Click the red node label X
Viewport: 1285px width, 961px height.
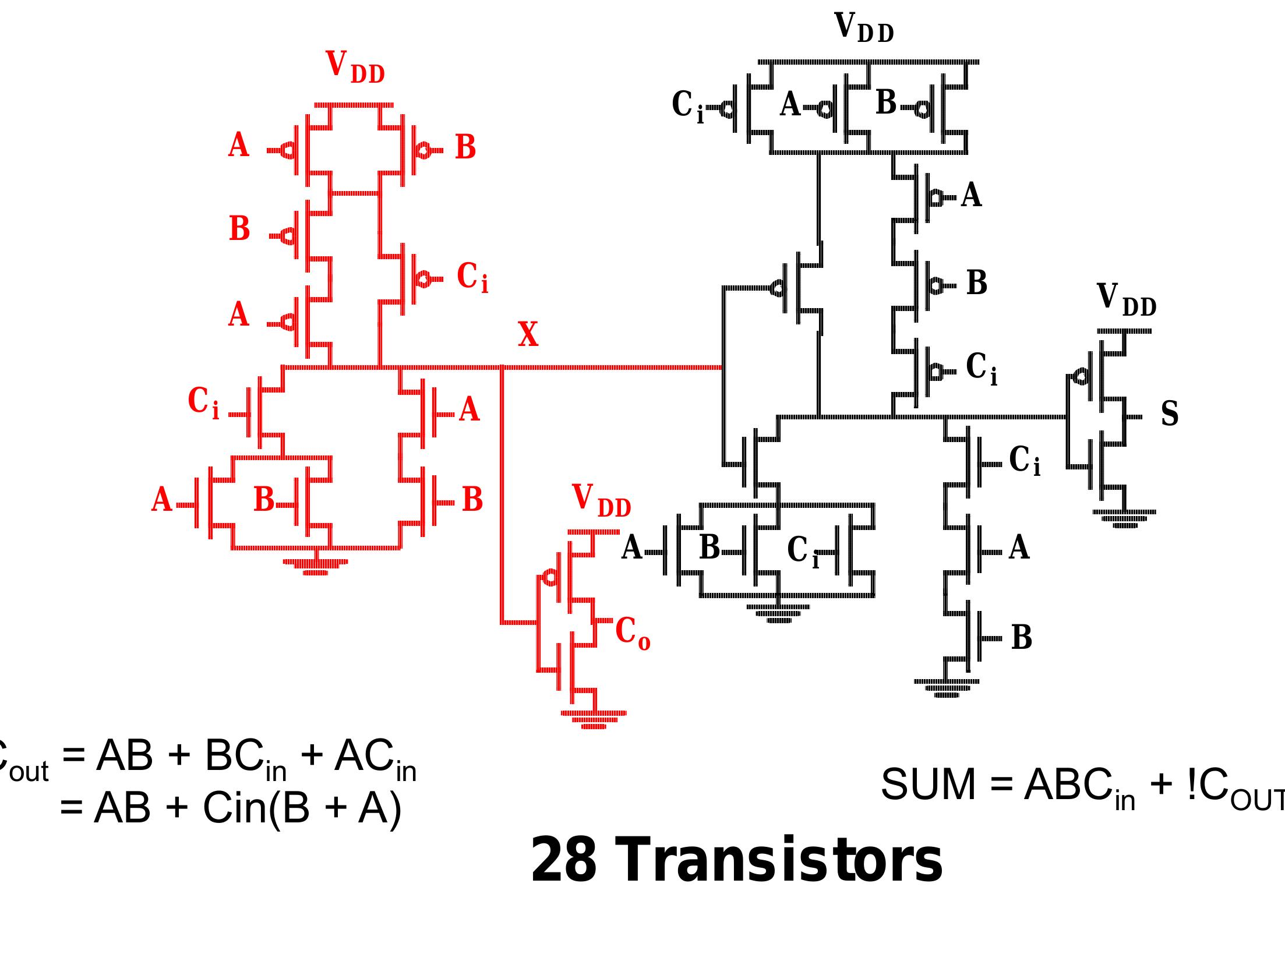point(528,335)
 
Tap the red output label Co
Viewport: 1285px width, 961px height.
point(632,633)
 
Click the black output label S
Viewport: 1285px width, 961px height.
point(1169,414)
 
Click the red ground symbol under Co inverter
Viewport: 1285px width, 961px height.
point(594,719)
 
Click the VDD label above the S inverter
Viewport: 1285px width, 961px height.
point(1125,300)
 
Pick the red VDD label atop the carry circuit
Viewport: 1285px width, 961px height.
point(354,67)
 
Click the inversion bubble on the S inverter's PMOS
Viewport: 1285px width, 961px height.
point(1080,377)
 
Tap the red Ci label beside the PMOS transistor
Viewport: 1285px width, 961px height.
point(472,277)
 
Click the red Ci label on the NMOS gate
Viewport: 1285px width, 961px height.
point(203,402)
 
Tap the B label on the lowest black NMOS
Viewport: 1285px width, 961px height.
point(1021,638)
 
